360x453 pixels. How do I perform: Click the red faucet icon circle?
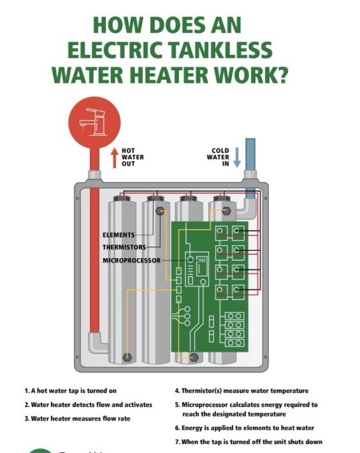(x=94, y=122)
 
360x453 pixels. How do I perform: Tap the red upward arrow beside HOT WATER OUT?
(x=115, y=158)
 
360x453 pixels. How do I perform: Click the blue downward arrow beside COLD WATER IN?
(x=237, y=157)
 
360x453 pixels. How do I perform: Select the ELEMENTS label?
(x=119, y=235)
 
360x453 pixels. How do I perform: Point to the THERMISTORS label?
(x=124, y=247)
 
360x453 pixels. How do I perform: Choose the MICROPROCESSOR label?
(x=131, y=261)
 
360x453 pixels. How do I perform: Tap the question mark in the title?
(x=281, y=75)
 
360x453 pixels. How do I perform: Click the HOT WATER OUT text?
(x=133, y=157)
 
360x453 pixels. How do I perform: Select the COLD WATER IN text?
(x=218, y=157)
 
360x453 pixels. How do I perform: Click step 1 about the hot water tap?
(x=71, y=391)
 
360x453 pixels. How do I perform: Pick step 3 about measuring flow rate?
(x=78, y=419)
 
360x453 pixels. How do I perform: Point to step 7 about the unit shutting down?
(x=248, y=442)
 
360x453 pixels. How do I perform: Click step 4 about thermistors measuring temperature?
(x=241, y=391)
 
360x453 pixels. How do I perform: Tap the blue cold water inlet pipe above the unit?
(x=250, y=154)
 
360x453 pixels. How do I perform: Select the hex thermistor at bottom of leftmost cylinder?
(x=127, y=357)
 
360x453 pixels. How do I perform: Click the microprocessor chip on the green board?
(x=203, y=264)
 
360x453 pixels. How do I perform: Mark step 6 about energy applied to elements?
(x=245, y=428)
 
